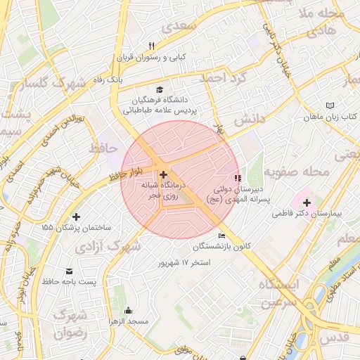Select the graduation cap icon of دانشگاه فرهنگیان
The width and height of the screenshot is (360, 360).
pos(160,89)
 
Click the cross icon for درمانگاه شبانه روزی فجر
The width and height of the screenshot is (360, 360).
pos(163,174)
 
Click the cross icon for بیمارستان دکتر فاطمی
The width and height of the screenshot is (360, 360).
pos(307,202)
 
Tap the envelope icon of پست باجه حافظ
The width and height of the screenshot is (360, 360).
pos(69,271)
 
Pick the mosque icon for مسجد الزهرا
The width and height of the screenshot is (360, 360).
pos(128,311)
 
